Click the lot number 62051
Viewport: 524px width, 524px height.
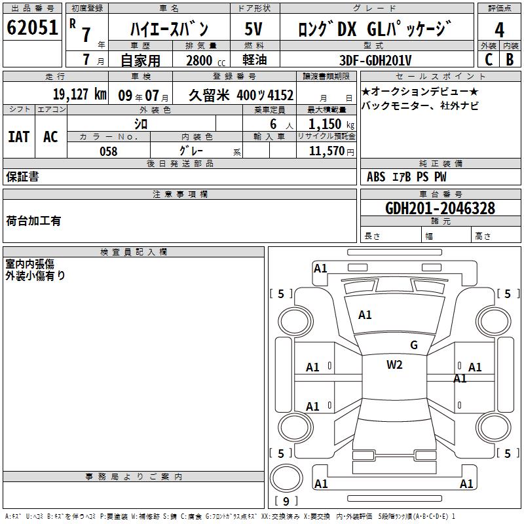pyautogui.click(x=32, y=28)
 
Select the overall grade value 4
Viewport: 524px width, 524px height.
pyautogui.click(x=499, y=30)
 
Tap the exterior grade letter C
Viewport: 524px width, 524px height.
pyautogui.click(x=489, y=60)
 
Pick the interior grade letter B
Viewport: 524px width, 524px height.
pyautogui.click(x=510, y=60)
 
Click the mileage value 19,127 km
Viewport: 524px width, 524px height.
pyautogui.click(x=80, y=94)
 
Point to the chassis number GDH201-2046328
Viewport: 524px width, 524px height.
pyautogui.click(x=440, y=208)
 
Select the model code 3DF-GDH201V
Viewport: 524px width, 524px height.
pyautogui.click(x=375, y=60)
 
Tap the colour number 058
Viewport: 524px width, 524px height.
pyautogui.click(x=109, y=151)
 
